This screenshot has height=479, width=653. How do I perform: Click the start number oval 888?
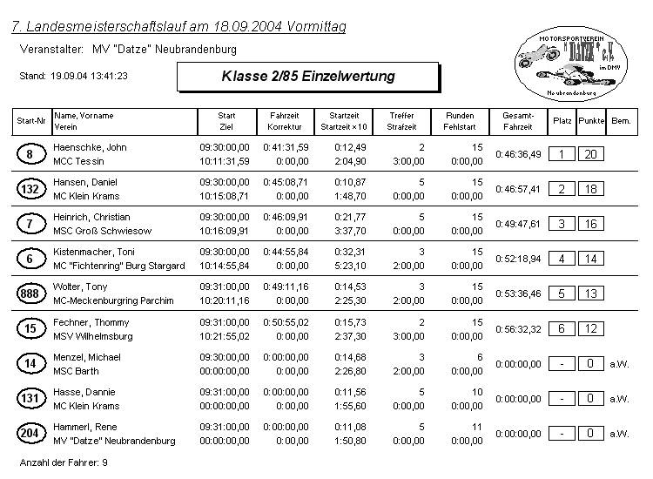[x=30, y=294]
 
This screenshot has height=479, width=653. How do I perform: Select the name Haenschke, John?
[x=91, y=147]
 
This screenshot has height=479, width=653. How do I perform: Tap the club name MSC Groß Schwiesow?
[x=103, y=231]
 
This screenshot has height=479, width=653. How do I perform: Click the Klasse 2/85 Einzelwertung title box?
[x=307, y=77]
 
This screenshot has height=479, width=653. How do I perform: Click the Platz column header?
[x=562, y=121]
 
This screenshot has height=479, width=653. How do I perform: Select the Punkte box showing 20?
[x=590, y=154]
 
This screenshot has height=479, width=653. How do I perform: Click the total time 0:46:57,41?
[x=518, y=189]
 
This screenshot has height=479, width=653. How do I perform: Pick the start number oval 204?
[x=30, y=434]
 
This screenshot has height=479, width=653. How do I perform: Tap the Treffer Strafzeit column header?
[x=401, y=121]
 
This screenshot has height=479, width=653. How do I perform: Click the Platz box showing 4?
[x=562, y=259]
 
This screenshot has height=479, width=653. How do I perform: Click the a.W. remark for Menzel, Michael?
[x=618, y=364]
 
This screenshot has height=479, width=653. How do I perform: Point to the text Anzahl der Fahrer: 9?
[x=64, y=462]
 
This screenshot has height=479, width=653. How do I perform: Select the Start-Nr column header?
[x=30, y=121]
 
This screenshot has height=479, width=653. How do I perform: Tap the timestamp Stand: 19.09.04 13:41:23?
[x=74, y=77]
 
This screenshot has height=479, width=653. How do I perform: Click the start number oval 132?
[x=30, y=189]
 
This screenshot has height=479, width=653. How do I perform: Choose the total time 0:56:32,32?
[x=518, y=329]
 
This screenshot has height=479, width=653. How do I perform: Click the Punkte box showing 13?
[x=590, y=293]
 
